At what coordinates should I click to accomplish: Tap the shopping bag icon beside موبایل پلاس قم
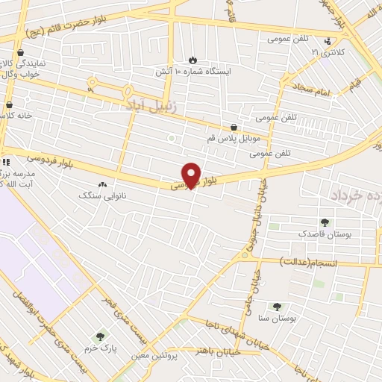click(235, 128)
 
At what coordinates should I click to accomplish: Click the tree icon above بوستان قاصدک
click(325, 222)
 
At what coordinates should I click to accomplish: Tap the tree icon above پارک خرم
click(101, 337)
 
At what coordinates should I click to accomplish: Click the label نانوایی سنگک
click(102, 195)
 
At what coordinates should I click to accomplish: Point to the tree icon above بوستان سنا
click(277, 306)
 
